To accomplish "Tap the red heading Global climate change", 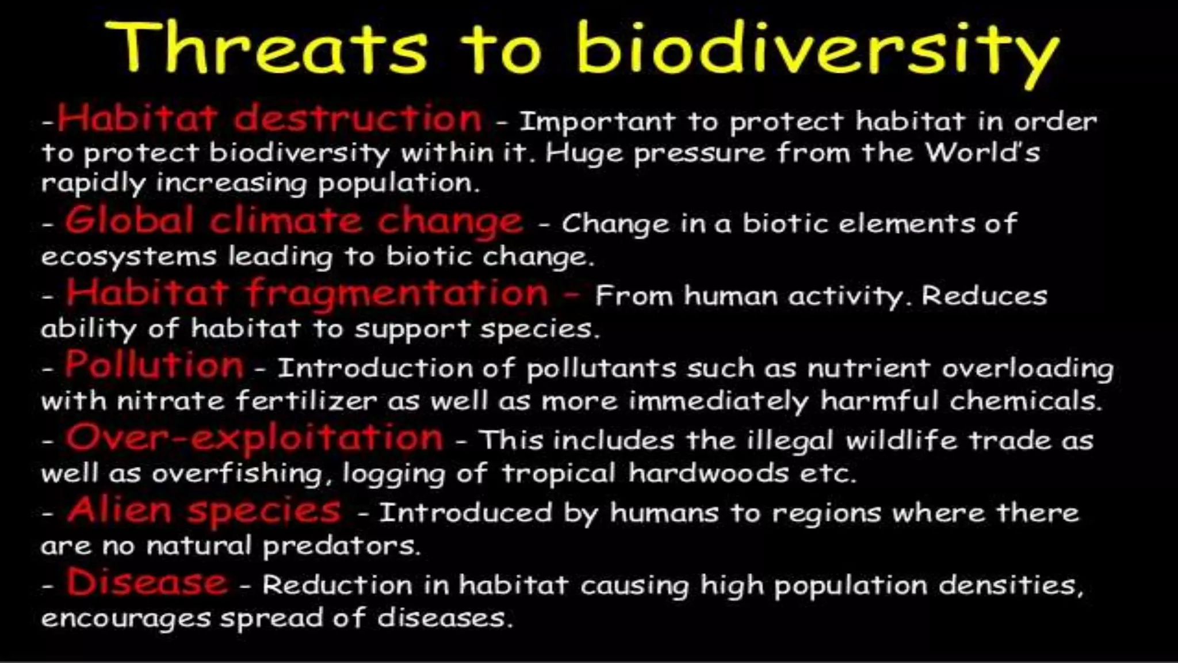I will [293, 222].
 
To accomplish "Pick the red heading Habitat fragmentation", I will [308, 293].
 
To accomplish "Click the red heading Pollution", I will [154, 365].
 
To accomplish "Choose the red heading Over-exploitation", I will [254, 439].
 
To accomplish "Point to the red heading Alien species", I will [204, 510].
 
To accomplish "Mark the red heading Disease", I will [147, 582].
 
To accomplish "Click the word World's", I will [982, 153].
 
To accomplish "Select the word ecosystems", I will [128, 256].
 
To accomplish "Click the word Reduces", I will [984, 296].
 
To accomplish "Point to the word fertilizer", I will [306, 401].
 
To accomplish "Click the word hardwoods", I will [708, 473].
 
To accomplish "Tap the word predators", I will [341, 546].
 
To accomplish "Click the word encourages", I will [125, 619].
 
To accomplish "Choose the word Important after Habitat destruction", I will [597, 121].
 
